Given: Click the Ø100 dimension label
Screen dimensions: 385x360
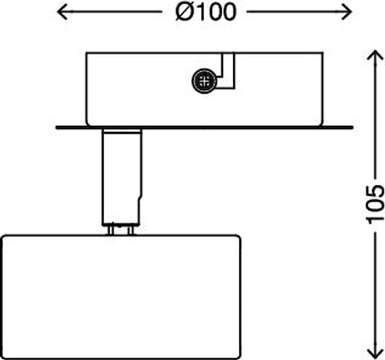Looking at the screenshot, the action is tap(206, 12).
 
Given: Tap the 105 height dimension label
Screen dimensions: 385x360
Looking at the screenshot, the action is tap(375, 204).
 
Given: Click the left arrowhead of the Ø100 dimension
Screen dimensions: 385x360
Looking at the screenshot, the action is tap(62, 11).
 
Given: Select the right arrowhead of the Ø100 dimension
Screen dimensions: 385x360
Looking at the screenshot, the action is tap(347, 11).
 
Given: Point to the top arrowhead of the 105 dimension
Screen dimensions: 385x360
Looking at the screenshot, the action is tap(375, 55).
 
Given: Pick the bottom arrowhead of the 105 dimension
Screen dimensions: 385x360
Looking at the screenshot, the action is tap(375, 354).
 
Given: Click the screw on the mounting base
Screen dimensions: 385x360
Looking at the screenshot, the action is tap(204, 80).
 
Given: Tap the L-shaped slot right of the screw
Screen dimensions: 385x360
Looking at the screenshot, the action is tap(228, 71).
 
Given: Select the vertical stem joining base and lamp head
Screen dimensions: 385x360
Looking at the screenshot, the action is tap(121, 177).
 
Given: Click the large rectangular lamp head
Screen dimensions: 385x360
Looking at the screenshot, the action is tap(121, 297).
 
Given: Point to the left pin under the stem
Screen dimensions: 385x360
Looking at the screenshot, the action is tap(111, 230).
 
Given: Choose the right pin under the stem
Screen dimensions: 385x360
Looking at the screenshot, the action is tap(130, 230).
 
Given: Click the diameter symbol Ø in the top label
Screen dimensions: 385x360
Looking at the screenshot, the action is tap(184, 12).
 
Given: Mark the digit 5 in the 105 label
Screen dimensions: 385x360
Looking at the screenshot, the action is tap(375, 191).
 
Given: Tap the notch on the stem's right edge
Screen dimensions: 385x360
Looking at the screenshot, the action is tap(141, 197).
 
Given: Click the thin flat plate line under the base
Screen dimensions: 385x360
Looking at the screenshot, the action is tap(204, 128).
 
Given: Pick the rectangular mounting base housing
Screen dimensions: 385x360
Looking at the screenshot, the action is tap(204, 89).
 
